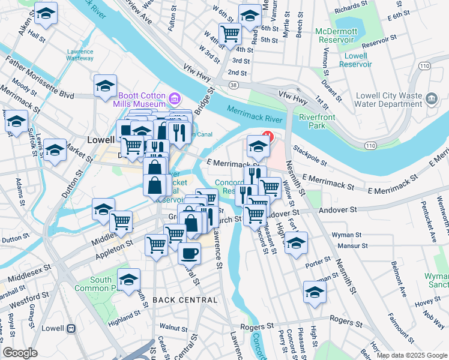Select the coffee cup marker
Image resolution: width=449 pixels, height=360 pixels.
click(189, 253)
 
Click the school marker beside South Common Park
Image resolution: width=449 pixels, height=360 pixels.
click(128, 279)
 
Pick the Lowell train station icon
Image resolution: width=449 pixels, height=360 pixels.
click(71, 329)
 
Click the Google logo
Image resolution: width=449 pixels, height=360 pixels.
click(20, 353)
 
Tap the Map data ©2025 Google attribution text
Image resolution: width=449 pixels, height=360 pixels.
click(411, 355)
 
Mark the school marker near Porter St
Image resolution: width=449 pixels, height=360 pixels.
click(296, 243)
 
